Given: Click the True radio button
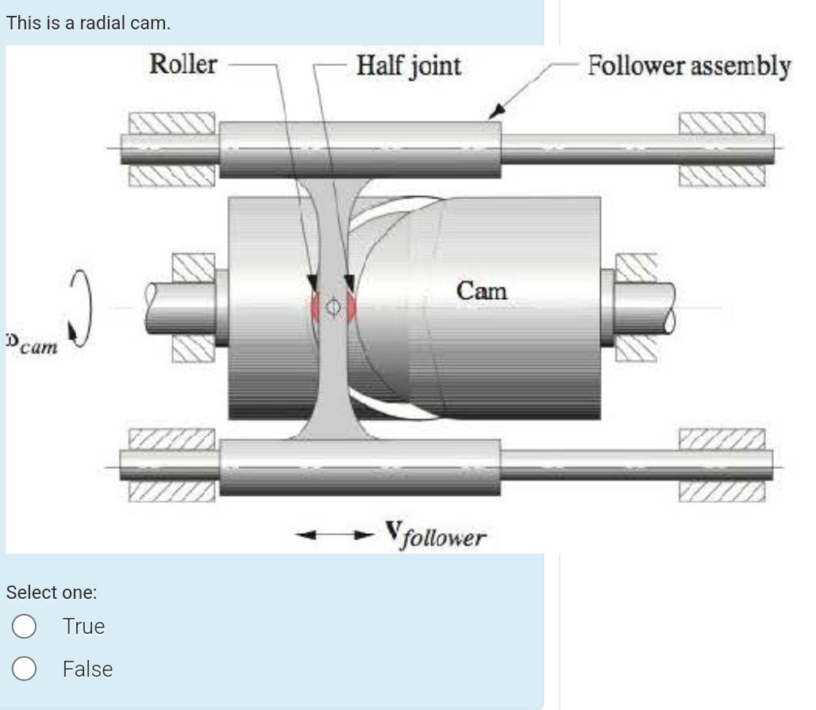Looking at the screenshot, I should pos(25,627).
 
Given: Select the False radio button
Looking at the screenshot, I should pos(25,670).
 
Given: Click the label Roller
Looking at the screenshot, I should pos(183,64).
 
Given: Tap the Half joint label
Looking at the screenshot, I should pos(408,65).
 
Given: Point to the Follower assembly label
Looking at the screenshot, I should pos(688,66).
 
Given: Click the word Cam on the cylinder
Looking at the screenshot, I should pos(481,291).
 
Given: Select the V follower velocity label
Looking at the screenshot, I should pos(436,535).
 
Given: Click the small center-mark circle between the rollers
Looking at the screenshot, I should pos(333,306).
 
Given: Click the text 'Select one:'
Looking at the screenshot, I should pos(52,592).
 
